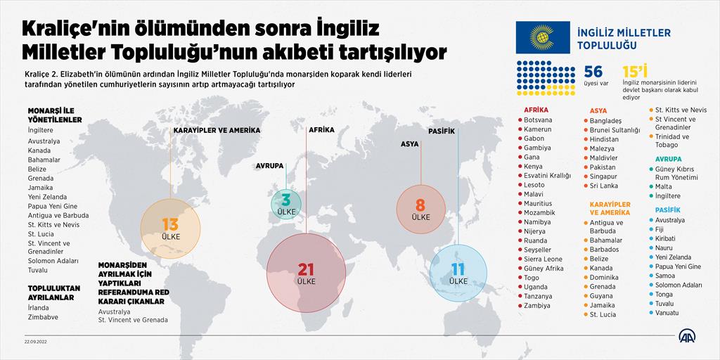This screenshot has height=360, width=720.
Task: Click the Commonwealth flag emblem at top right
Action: coord(542,37)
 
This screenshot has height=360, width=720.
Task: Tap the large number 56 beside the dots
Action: coord(593,72)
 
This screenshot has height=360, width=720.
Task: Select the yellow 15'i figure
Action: coord(634,72)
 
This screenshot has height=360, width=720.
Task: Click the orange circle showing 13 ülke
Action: coord(170,228)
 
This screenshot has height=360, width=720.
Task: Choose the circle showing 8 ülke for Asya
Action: coord(420,209)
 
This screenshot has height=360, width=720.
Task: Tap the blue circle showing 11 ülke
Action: coord(458,273)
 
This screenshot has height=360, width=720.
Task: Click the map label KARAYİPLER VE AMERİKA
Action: coord(217,130)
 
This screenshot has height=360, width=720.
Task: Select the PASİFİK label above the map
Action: coord(442,131)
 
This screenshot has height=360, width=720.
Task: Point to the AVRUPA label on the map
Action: coord(269,166)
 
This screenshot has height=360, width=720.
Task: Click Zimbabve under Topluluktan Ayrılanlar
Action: coord(44,317)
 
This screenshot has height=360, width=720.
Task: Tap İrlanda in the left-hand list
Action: coord(40,307)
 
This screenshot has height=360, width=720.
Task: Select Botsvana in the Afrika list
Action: coord(538,120)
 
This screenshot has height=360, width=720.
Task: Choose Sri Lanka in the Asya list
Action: coord(604,186)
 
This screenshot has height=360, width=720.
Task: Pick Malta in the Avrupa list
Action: coord(663,186)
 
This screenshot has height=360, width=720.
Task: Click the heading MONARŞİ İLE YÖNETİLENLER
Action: coord(55,115)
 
